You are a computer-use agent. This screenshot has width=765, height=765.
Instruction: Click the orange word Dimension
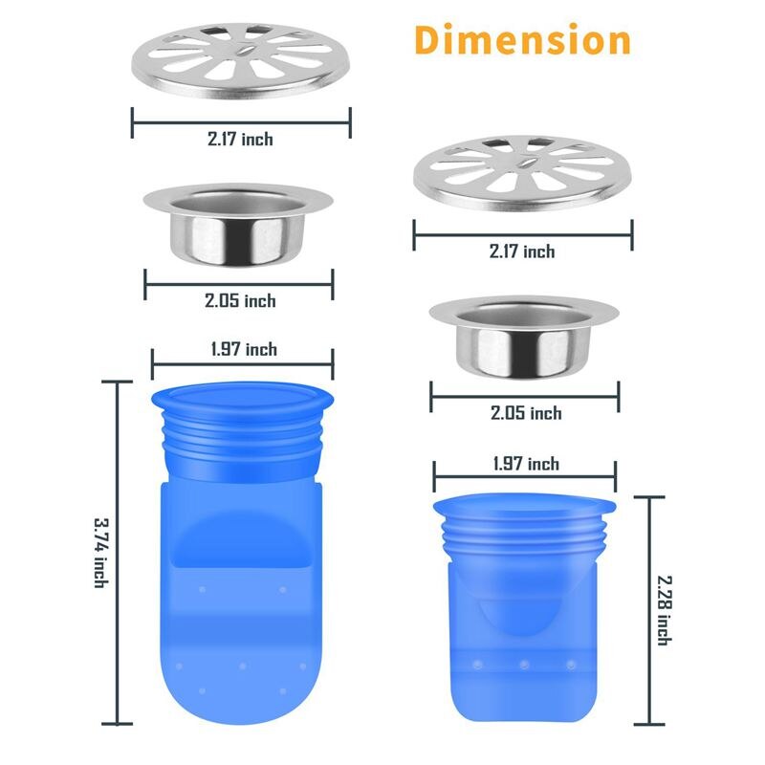(x=523, y=41)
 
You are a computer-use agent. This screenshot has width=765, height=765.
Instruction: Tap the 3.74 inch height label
(x=99, y=553)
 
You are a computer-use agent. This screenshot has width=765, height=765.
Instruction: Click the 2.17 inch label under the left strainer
(x=240, y=140)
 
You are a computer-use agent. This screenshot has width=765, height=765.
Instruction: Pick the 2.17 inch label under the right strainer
(x=522, y=251)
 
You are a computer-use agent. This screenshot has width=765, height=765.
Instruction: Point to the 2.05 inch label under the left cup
(x=240, y=300)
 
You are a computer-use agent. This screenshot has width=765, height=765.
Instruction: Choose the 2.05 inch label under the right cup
(x=525, y=413)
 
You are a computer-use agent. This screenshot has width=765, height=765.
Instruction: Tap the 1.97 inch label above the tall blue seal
(x=244, y=349)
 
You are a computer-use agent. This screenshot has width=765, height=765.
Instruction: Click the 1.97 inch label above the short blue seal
(x=526, y=464)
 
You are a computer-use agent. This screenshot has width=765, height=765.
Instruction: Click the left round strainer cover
(x=241, y=58)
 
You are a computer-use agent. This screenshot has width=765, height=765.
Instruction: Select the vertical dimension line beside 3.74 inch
(x=119, y=553)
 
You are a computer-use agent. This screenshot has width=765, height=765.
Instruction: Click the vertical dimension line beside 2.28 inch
(x=649, y=610)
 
